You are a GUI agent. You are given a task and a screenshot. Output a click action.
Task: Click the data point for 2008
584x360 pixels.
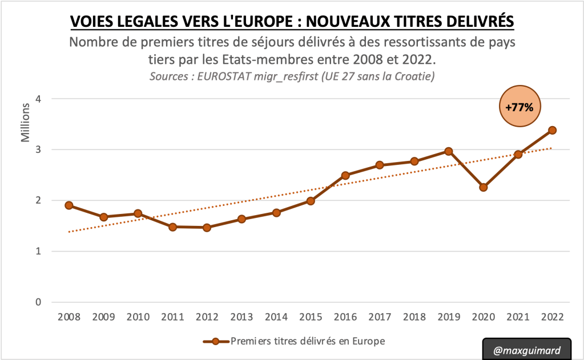[x=69, y=205]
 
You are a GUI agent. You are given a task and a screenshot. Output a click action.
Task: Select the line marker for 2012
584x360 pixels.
[x=207, y=228]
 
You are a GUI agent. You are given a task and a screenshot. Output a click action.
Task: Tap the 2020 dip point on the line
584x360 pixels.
[x=483, y=187]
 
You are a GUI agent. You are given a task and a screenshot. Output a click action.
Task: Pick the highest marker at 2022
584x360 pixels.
[x=552, y=130]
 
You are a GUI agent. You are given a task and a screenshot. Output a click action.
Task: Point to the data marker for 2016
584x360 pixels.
[x=345, y=175]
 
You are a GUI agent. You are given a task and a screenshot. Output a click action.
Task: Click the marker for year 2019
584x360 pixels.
[x=449, y=151]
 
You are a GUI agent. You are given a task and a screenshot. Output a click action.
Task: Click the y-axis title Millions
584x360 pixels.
[x=26, y=123]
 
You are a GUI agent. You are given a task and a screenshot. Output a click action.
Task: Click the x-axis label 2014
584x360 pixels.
[x=276, y=317]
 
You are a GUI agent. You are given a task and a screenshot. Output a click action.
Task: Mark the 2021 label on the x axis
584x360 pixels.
[x=518, y=317]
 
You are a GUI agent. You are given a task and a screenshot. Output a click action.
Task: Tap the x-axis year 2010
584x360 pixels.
[x=138, y=317]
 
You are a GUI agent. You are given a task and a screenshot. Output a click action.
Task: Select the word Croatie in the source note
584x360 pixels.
[x=415, y=76]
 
